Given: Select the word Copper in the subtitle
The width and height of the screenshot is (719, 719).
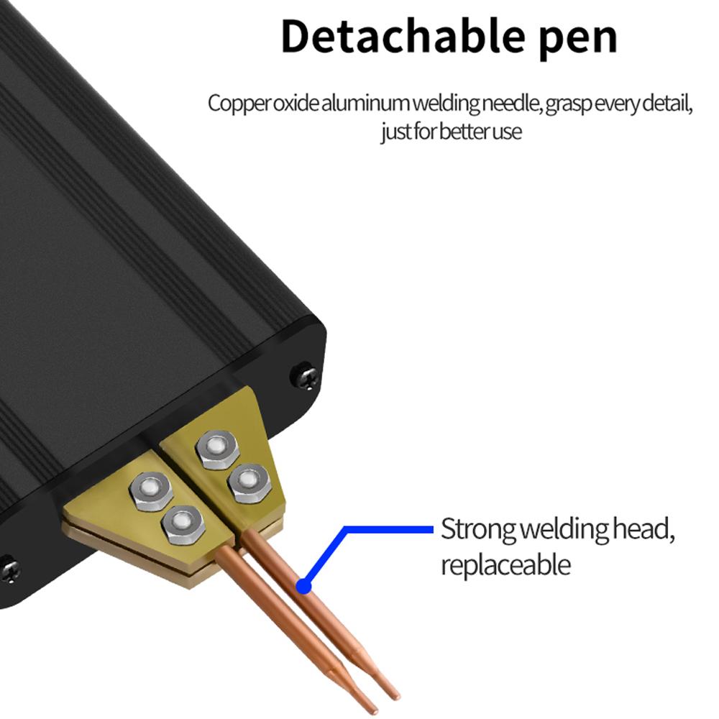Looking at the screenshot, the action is pos(239,104).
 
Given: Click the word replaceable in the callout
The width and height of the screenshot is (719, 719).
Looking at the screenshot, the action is pos(505,564).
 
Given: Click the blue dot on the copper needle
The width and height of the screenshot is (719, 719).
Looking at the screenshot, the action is pos(303,587).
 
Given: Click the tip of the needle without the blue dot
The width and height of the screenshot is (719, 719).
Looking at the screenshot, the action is pos(375,710).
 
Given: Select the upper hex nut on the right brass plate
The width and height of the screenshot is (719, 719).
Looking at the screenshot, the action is pos(216,449).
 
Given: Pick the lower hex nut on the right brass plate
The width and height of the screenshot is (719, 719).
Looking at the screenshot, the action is pos(248,483).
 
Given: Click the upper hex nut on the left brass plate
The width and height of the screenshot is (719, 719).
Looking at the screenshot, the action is pos(150,491).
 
